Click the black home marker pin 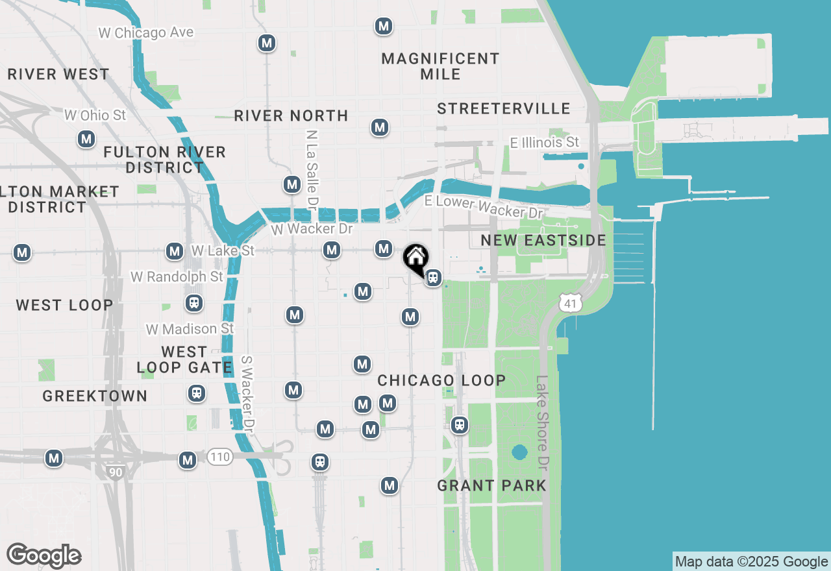(x=415, y=258)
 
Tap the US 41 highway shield (x=569, y=302)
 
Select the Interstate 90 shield (x=116, y=471)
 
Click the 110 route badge (x=220, y=457)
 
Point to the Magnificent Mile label (x=440, y=66)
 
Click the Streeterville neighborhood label (x=503, y=108)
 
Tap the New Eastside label (x=543, y=241)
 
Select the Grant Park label (x=491, y=485)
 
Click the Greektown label (x=95, y=396)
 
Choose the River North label (x=291, y=115)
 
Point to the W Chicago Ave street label (x=145, y=32)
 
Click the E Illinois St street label (x=544, y=142)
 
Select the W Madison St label (x=190, y=329)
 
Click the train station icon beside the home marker (x=433, y=278)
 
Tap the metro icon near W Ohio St (x=86, y=139)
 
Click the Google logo (x=44, y=555)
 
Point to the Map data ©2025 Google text (x=751, y=562)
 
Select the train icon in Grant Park (x=460, y=425)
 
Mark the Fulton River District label (x=165, y=160)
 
